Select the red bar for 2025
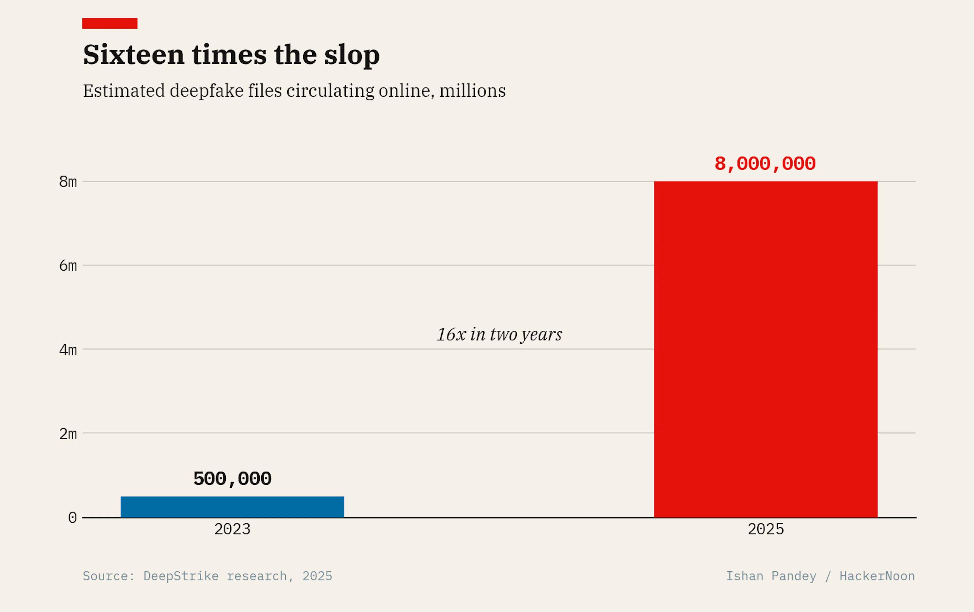pos(766,349)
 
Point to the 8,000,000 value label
pos(765,164)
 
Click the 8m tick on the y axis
pos(68,182)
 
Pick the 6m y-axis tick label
pos(68,266)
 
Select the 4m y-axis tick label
pos(68,350)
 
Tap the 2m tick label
pos(68,434)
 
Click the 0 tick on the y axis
pos(72,518)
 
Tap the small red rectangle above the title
pos(110,23)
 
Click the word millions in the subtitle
pos(473,90)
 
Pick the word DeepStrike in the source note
pos(181,576)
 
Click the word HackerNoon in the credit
pos(877,576)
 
